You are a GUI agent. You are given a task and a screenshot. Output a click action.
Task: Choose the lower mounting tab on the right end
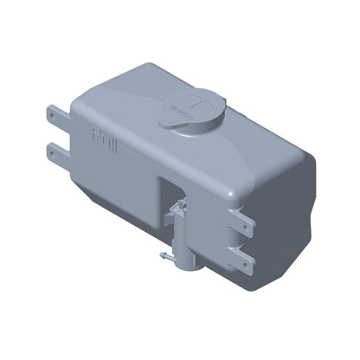tap(247, 257)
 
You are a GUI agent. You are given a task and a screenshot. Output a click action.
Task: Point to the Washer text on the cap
tap(183, 110)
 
